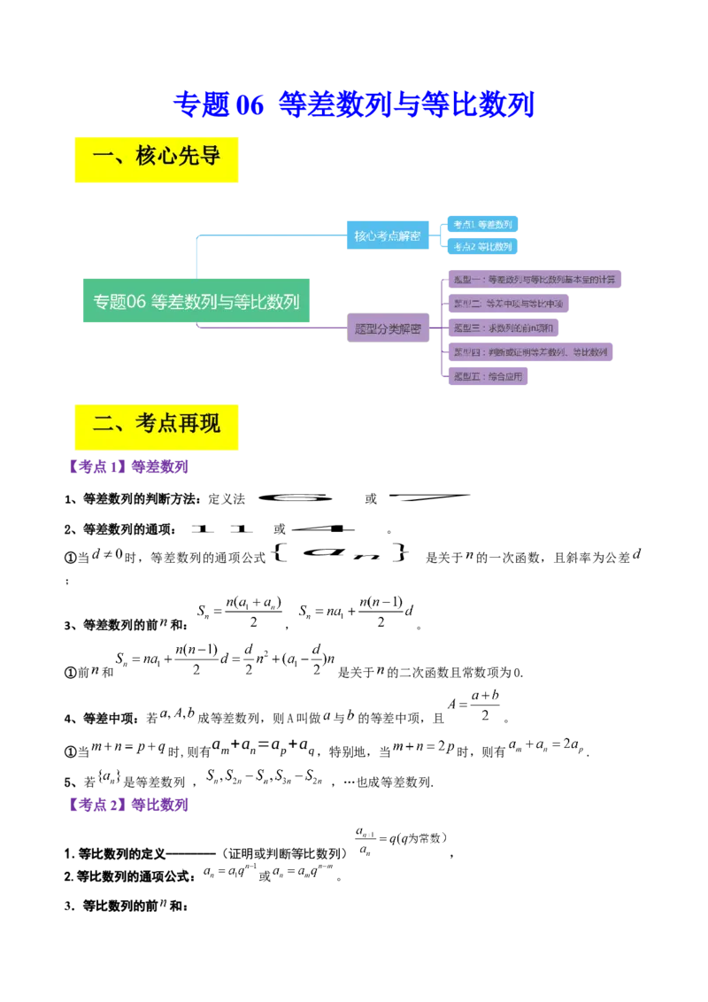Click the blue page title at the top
[x=354, y=104]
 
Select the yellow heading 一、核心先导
[x=156, y=159]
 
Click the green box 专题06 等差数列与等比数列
[x=196, y=301]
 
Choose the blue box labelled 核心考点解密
[x=387, y=236]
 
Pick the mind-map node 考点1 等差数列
[x=482, y=225]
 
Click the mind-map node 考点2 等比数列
[x=482, y=247]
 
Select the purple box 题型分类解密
[x=387, y=328]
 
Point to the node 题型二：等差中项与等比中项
[x=508, y=304]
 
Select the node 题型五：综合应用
[x=488, y=376]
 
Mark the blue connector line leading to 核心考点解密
[x=265, y=236]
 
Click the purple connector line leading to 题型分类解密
[x=265, y=328]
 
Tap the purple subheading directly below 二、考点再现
[x=129, y=465]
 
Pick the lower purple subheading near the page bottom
[x=129, y=805]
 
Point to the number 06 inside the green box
[x=136, y=301]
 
